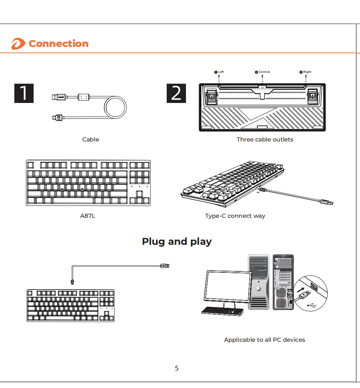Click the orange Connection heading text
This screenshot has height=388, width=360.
coord(58,44)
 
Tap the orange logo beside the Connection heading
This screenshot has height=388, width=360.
coord(18,44)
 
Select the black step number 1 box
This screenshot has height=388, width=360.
coord(24,93)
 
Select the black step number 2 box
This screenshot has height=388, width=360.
coord(176,93)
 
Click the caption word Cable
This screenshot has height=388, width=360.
coord(91,139)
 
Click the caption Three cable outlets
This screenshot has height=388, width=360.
coord(265,139)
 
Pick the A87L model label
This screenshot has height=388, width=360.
coord(88,216)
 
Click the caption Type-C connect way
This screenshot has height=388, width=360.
coord(235,216)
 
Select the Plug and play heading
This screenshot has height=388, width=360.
coord(176,242)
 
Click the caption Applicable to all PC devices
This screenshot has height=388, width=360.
coord(264,340)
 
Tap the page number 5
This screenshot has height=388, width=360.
coord(176,368)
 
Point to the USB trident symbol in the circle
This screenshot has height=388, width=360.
coord(312,305)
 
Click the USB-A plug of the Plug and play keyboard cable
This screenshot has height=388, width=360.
coord(165,266)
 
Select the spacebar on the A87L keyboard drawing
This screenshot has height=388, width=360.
coord(72,201)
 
